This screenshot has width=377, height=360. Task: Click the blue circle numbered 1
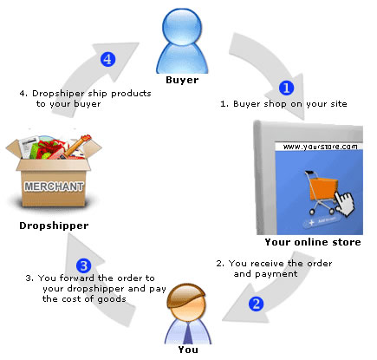[286, 88]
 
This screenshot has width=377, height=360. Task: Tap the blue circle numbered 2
[257, 304]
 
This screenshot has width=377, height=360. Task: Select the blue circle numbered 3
[84, 265]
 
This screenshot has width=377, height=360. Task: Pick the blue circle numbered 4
[107, 59]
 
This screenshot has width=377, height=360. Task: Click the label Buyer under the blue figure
[182, 80]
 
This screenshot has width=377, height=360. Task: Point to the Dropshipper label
[54, 226]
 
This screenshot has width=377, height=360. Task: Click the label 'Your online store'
[313, 242]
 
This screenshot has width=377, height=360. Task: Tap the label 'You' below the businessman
[188, 350]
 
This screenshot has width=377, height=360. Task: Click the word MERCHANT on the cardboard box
[54, 187]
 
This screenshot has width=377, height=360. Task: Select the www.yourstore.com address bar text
[320, 147]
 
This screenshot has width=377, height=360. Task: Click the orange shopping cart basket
[323, 188]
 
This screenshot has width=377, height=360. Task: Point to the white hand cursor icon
[345, 204]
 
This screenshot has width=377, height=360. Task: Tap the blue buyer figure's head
[182, 27]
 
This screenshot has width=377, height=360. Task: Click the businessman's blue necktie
[188, 333]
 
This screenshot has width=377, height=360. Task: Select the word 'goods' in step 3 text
[112, 299]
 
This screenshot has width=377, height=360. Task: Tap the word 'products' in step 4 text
[131, 94]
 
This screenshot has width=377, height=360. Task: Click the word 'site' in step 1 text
[339, 103]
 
